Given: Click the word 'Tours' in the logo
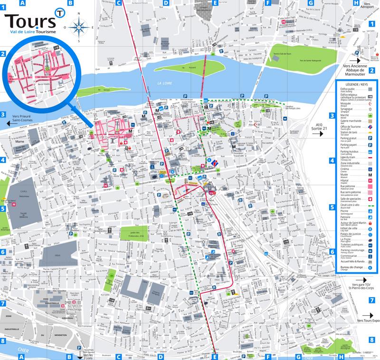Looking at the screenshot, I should (28, 21).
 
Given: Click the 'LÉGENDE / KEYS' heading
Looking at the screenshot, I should (357, 84).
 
